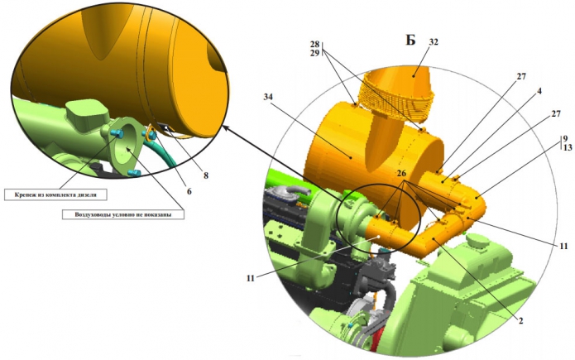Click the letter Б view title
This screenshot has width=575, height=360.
click(x=410, y=40)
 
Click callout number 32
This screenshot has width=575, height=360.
click(x=434, y=42)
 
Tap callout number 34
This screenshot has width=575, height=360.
click(x=268, y=97)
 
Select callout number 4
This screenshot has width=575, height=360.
click(x=539, y=91)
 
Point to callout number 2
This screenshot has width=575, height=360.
click(x=520, y=321)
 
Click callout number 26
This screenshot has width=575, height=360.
click(x=401, y=173)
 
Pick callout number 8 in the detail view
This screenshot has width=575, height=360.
click(x=206, y=175)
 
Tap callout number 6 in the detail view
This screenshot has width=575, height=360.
click(x=189, y=191)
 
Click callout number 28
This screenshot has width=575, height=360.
click(x=314, y=45)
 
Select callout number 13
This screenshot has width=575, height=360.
click(x=568, y=147)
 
